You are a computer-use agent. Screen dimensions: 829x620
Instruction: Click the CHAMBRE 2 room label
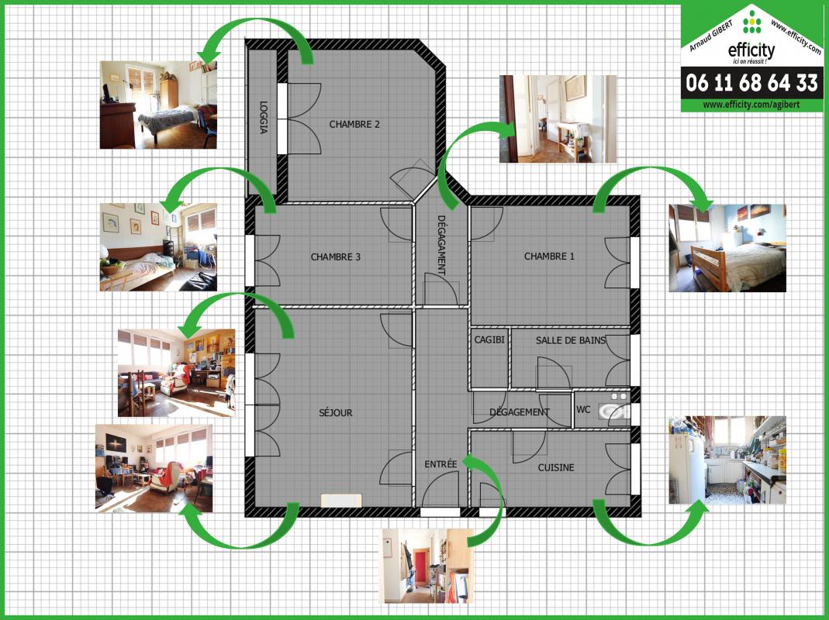tap(354, 124)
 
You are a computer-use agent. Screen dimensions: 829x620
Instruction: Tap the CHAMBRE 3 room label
tap(336, 257)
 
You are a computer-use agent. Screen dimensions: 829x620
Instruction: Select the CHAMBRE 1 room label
tap(549, 257)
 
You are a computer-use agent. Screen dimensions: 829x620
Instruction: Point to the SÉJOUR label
tap(336, 412)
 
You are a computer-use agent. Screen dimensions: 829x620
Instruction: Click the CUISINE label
tap(556, 467)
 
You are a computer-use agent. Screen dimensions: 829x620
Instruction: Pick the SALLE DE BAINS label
tap(571, 340)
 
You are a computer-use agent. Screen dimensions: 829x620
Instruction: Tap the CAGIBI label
tap(489, 340)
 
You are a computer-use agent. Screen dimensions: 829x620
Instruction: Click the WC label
tap(583, 410)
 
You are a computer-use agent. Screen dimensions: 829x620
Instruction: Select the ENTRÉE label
tap(440, 464)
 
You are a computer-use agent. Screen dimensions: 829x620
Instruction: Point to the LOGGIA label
tap(264, 117)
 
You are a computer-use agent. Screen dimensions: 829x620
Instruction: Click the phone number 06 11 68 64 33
tap(751, 83)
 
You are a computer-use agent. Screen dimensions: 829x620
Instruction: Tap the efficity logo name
tap(751, 50)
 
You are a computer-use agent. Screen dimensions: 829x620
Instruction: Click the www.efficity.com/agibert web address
tap(751, 105)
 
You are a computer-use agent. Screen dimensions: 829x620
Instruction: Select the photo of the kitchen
tap(727, 460)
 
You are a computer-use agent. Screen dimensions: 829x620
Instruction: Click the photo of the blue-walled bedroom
tap(727, 248)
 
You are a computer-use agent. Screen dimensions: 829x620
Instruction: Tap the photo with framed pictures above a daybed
tap(158, 246)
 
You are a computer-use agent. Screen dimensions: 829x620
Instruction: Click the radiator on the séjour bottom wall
tap(341, 501)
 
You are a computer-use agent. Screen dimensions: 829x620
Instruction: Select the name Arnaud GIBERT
tap(710, 36)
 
